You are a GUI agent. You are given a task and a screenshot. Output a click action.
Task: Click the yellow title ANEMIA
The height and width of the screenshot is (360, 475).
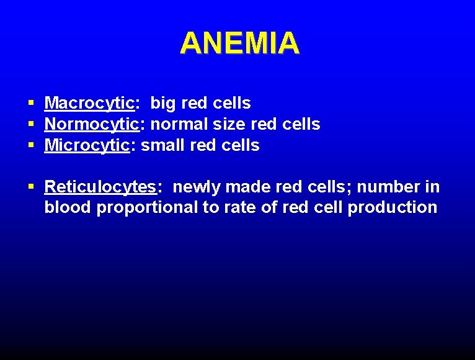point(239,43)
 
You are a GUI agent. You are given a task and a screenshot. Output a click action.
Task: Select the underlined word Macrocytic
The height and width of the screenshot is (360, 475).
point(89,103)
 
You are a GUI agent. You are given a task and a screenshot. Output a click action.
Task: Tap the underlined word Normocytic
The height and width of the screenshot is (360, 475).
point(92,124)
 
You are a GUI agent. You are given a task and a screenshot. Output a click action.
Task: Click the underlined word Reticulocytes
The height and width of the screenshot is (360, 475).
point(99,186)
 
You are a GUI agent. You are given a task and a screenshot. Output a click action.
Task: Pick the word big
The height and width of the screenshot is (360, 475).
point(163,103)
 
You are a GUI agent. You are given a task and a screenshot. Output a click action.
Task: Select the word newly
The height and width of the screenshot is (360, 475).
point(197,186)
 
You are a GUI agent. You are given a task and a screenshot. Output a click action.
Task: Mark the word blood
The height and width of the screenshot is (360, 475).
point(68,207)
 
